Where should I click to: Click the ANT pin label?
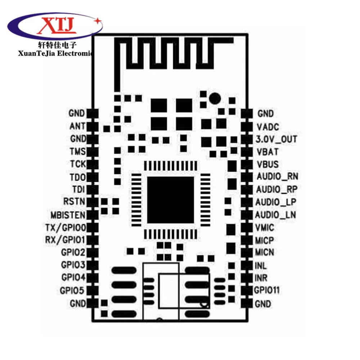(x=77, y=126)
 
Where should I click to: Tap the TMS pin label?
(x=78, y=152)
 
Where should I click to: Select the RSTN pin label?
(x=74, y=201)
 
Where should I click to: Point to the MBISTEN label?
(x=68, y=215)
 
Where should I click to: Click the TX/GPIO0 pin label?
(x=66, y=228)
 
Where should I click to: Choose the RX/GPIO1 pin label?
(x=65, y=240)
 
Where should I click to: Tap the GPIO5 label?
(x=72, y=291)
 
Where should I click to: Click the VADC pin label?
(x=268, y=127)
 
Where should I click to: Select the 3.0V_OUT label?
(x=276, y=139)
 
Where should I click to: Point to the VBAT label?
(x=267, y=152)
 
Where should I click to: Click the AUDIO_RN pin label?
(x=277, y=176)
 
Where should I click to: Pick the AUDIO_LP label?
(x=276, y=202)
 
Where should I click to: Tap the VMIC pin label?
(x=265, y=228)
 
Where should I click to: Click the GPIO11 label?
(x=267, y=290)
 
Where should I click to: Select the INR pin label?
(x=261, y=278)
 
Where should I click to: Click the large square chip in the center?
(x=170, y=200)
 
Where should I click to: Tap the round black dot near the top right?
(x=215, y=98)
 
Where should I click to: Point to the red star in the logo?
(x=98, y=21)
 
